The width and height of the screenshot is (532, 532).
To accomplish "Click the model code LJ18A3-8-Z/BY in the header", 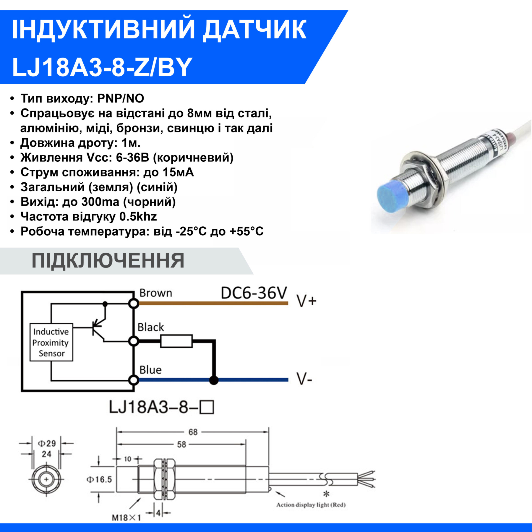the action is point(102,67).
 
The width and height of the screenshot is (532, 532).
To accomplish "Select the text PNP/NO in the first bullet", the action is point(121,98).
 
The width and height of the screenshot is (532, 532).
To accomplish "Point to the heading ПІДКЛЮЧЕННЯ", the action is point(108,261).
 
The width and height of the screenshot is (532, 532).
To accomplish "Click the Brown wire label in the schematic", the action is point(156,293).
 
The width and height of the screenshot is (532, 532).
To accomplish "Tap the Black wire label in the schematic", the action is point(151,327).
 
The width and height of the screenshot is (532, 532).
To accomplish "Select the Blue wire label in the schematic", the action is point(150,370).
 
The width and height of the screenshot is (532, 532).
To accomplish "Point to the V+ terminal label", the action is point(306,302).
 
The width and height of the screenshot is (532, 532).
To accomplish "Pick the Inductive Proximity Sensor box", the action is point(51,342).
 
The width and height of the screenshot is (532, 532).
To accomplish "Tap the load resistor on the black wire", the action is point(176,341).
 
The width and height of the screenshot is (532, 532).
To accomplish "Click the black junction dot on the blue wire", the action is point(214,380).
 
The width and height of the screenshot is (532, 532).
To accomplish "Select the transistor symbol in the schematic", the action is point(98,327).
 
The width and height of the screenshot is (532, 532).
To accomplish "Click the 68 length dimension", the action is point(193,432).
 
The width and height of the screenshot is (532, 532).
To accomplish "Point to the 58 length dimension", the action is point(181,445).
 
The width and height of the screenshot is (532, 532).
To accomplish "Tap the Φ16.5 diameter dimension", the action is point(99,479).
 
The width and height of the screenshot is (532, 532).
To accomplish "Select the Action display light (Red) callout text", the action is point(311,505).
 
